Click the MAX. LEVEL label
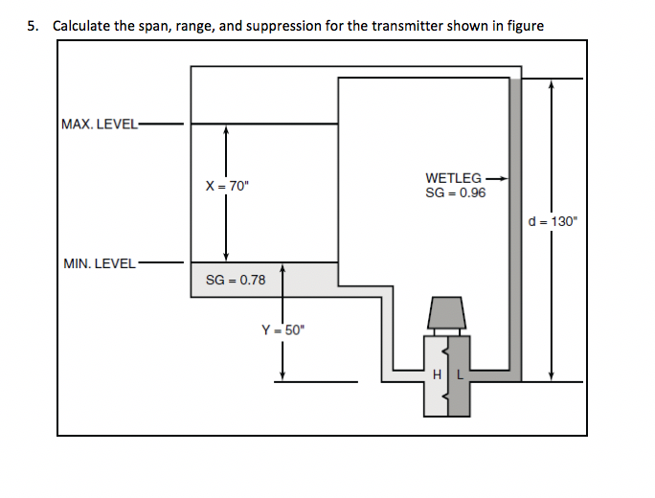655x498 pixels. (x=99, y=124)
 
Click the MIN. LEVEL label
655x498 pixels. (x=99, y=263)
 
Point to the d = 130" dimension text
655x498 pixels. (x=553, y=221)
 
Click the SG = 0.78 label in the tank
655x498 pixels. (x=236, y=280)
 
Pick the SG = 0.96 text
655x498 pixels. (x=455, y=192)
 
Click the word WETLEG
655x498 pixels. (x=453, y=178)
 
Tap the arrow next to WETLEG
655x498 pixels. (x=495, y=178)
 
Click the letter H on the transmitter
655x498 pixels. (x=439, y=375)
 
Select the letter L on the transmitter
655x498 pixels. (x=459, y=375)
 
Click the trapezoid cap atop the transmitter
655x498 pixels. (x=445, y=312)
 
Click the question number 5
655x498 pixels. (x=34, y=26)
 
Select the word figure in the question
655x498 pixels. (x=524, y=26)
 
